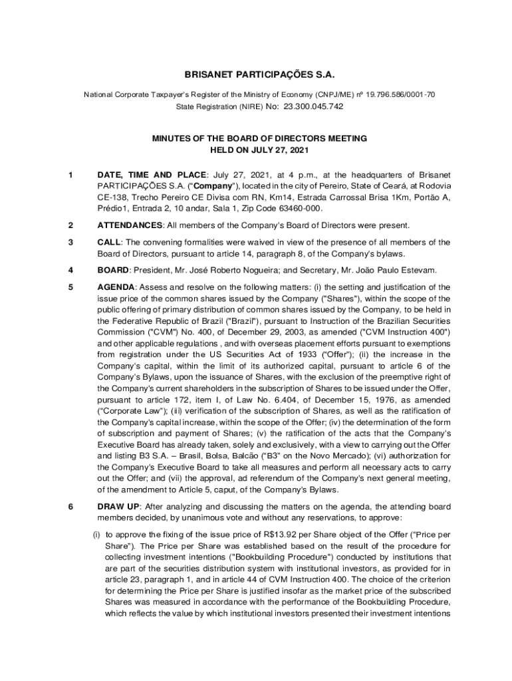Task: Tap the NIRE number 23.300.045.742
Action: tap(313, 106)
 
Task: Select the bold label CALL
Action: tap(108, 242)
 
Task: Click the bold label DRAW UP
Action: tap(118, 507)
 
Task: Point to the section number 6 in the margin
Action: tap(70, 507)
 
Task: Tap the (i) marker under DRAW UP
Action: tap(96, 535)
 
